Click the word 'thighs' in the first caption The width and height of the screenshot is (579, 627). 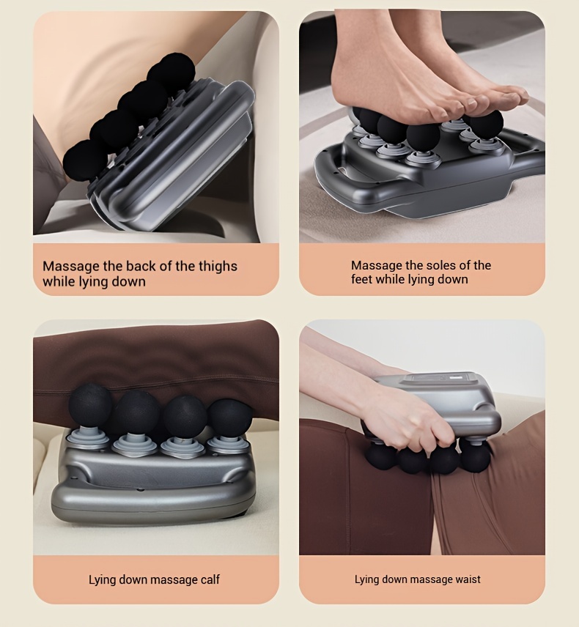pos(216,267)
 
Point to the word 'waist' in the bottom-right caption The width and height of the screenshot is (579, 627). pos(468,579)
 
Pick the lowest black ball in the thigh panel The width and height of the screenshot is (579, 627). pos(84,159)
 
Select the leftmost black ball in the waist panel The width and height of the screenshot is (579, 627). pos(381,457)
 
